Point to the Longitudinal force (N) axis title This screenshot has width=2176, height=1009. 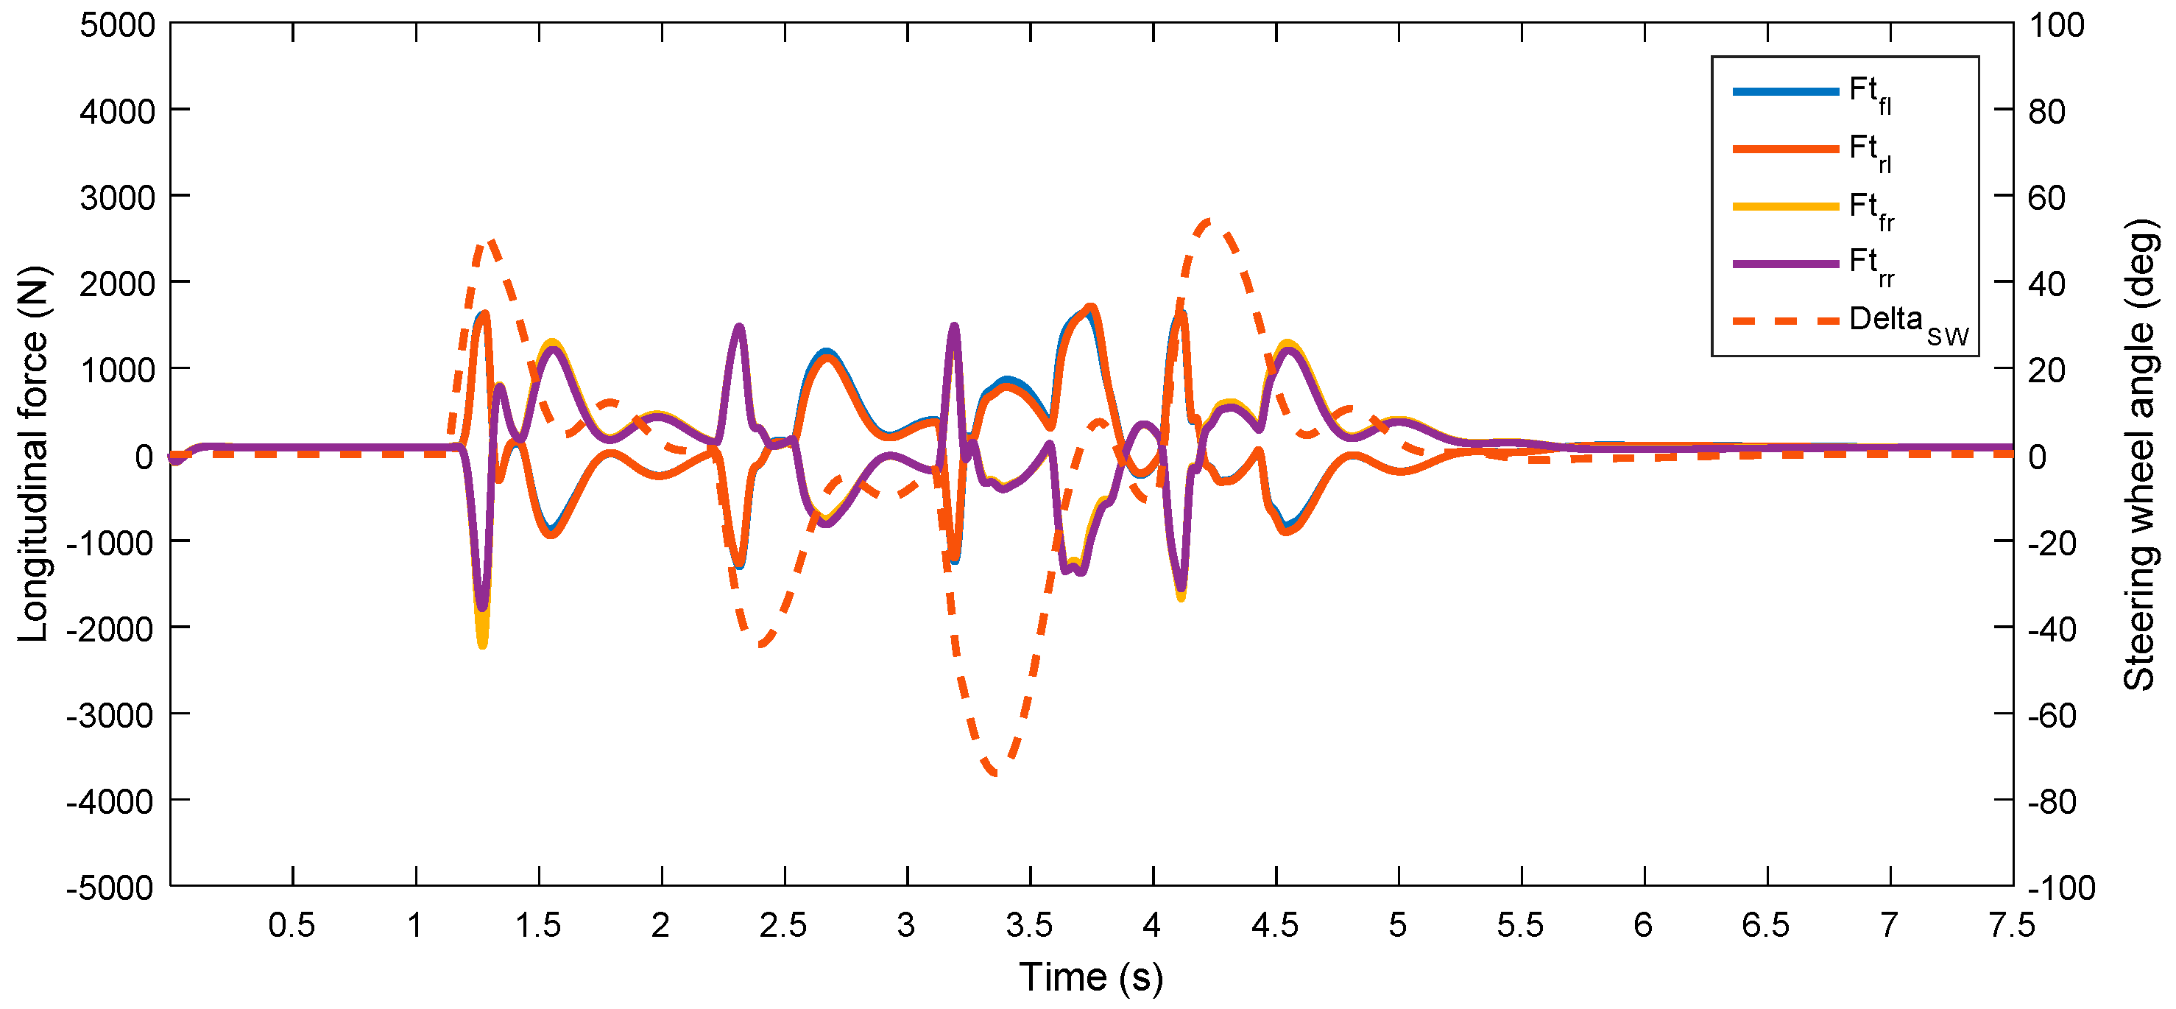click(x=34, y=454)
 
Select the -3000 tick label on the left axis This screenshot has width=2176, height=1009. click(x=110, y=715)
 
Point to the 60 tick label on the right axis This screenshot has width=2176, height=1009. click(x=2046, y=197)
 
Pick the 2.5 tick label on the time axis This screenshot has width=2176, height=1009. click(x=783, y=925)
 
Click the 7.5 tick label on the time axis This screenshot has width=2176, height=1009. click(x=2012, y=925)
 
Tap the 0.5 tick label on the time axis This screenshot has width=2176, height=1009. click(x=292, y=925)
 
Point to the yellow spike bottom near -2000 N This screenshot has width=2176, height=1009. click(x=482, y=644)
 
